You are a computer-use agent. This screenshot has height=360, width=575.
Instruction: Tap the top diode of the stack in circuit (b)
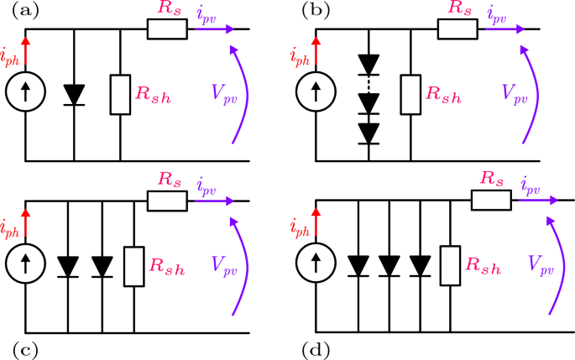364,64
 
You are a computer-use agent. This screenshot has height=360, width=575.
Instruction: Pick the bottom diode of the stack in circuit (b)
364,132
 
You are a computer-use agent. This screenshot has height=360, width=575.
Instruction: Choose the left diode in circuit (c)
68,265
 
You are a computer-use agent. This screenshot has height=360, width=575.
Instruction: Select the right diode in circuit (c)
102,265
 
